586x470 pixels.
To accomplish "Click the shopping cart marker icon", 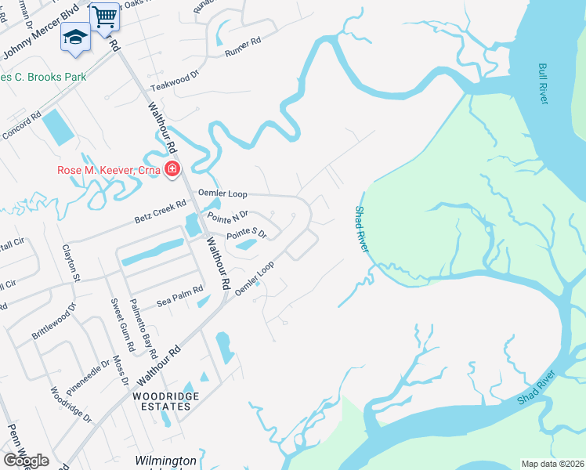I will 104,16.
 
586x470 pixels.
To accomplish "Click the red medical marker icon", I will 172,170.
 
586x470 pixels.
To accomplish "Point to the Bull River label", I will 543,84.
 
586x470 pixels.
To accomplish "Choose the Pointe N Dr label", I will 227,215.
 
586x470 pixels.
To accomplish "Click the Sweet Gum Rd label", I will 122,324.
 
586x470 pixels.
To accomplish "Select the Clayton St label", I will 71,262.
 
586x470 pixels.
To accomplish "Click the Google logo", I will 27,461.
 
